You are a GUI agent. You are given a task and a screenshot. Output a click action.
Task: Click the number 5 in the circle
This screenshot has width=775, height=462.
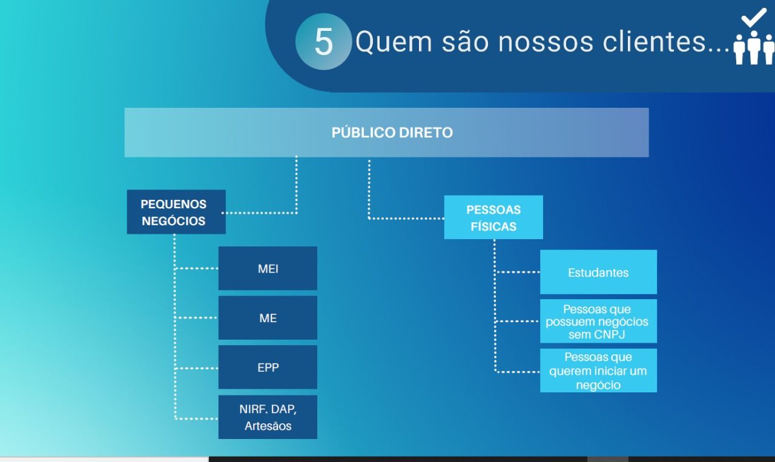click(x=323, y=42)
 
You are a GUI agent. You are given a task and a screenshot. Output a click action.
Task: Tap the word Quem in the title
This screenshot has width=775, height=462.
click(x=394, y=42)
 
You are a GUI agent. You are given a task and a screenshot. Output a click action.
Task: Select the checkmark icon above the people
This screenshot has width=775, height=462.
click(x=754, y=18)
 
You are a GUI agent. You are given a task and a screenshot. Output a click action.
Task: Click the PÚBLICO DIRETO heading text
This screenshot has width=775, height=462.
click(x=392, y=133)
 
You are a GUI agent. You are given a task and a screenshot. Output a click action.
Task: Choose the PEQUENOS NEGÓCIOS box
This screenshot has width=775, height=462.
click(x=176, y=212)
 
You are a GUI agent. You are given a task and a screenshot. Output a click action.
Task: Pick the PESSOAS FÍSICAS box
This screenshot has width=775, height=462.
click(x=493, y=217)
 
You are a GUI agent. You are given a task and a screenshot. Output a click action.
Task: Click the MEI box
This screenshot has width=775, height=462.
click(x=268, y=268)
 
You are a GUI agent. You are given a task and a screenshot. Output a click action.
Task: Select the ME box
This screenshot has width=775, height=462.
click(x=268, y=318)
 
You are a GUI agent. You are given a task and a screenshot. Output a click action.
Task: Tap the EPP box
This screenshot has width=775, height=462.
click(x=268, y=367)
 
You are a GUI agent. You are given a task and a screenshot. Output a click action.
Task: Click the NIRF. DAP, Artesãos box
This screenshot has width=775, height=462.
click(x=268, y=417)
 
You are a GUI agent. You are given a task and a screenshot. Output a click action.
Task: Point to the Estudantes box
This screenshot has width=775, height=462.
click(x=599, y=272)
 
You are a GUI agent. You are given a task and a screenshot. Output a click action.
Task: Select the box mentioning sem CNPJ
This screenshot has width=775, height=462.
click(x=599, y=321)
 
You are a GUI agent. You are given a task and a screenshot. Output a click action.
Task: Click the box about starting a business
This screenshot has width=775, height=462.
click(x=599, y=371)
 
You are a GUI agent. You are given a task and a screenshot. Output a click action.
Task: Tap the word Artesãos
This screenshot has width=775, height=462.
click(x=268, y=426)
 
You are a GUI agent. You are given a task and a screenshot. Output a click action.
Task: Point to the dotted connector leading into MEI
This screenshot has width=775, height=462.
click(x=197, y=268)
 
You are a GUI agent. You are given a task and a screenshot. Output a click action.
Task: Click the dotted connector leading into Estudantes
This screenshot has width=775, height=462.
click(x=518, y=272)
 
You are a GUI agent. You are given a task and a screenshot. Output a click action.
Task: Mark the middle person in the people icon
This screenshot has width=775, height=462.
click(x=754, y=47)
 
